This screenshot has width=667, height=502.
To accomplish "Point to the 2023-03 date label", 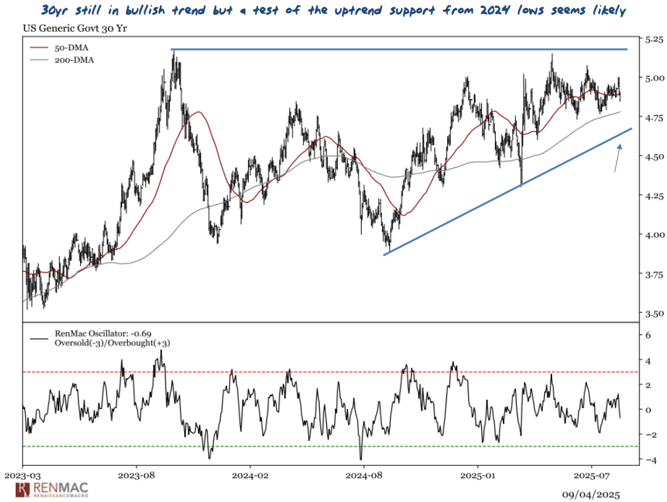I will pos(23,473).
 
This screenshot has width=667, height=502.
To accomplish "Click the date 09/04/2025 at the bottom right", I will pos(590,494).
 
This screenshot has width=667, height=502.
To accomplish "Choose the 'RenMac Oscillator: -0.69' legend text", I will pos(104,334).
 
